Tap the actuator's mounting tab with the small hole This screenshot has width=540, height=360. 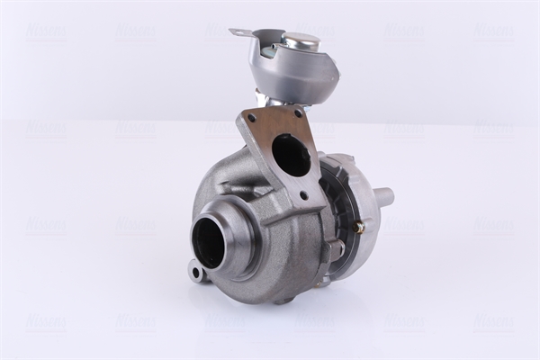click(237, 33)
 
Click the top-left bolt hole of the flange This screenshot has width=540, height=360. click(251, 118)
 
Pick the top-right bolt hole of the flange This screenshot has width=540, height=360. click(296, 113)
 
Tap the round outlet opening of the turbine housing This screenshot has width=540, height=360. click(209, 242)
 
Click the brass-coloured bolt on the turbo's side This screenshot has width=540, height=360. click(357, 228)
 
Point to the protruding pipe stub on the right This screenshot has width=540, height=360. click(384, 195)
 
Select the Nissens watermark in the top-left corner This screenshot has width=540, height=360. click(45, 31)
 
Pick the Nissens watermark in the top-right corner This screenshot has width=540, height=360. click(493, 31)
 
